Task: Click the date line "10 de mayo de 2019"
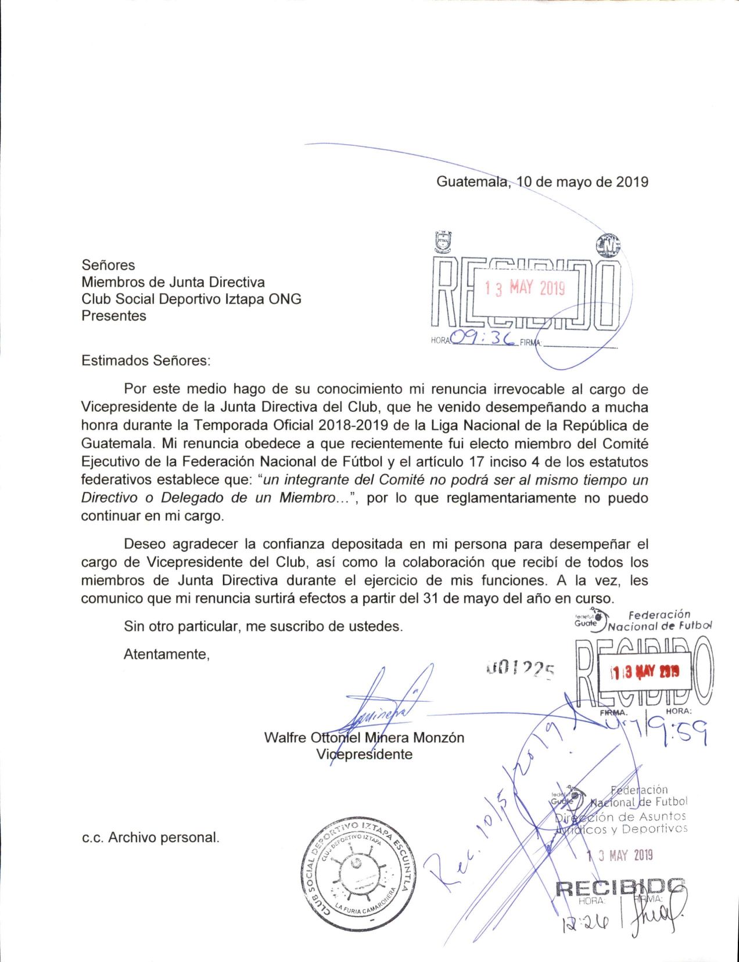click(x=582, y=182)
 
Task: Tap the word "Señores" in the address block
click(x=108, y=265)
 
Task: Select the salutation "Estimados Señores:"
click(x=146, y=360)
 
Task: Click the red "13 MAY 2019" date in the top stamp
click(x=525, y=288)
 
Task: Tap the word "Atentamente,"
click(x=166, y=654)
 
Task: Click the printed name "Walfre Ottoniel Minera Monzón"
click(x=364, y=738)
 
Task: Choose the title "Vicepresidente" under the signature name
click(x=364, y=755)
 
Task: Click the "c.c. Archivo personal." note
click(x=150, y=838)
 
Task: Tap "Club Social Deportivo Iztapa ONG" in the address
click(x=191, y=299)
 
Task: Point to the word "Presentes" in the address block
click(x=114, y=316)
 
